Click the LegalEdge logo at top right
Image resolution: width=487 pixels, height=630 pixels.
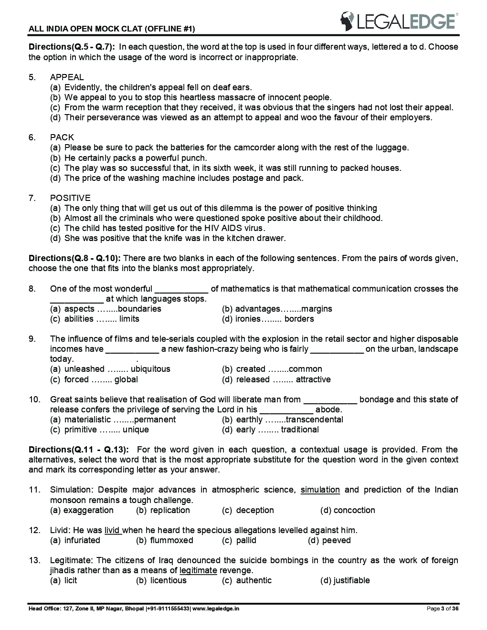(x=399, y=21)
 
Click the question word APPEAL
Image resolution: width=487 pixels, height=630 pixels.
(x=67, y=77)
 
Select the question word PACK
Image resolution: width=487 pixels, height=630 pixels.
(x=62, y=137)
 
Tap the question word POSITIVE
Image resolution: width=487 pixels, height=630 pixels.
(x=70, y=198)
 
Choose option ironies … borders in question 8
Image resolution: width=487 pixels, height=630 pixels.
(x=268, y=319)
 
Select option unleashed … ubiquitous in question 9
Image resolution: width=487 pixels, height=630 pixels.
(x=110, y=369)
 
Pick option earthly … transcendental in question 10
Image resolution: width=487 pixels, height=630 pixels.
(x=283, y=420)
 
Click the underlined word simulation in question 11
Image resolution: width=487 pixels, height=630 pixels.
(x=320, y=490)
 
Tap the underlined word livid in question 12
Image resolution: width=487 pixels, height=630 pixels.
(x=112, y=530)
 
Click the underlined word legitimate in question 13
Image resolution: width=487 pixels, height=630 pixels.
(x=198, y=571)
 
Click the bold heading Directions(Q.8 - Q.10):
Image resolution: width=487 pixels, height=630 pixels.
(x=74, y=258)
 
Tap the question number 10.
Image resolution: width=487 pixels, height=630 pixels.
(x=34, y=399)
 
